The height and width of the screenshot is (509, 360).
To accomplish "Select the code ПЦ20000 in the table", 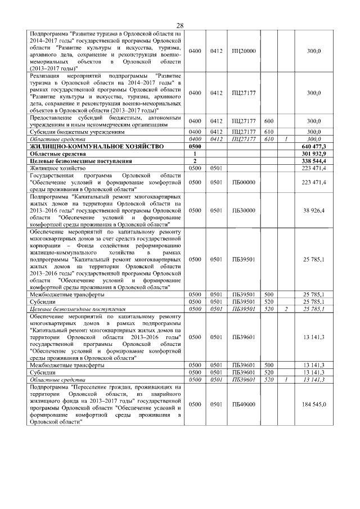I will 244,51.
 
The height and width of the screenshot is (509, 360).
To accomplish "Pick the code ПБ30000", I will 244,210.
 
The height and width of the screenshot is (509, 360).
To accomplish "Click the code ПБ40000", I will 244,404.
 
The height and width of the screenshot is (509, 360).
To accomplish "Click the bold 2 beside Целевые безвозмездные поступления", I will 195,160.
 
